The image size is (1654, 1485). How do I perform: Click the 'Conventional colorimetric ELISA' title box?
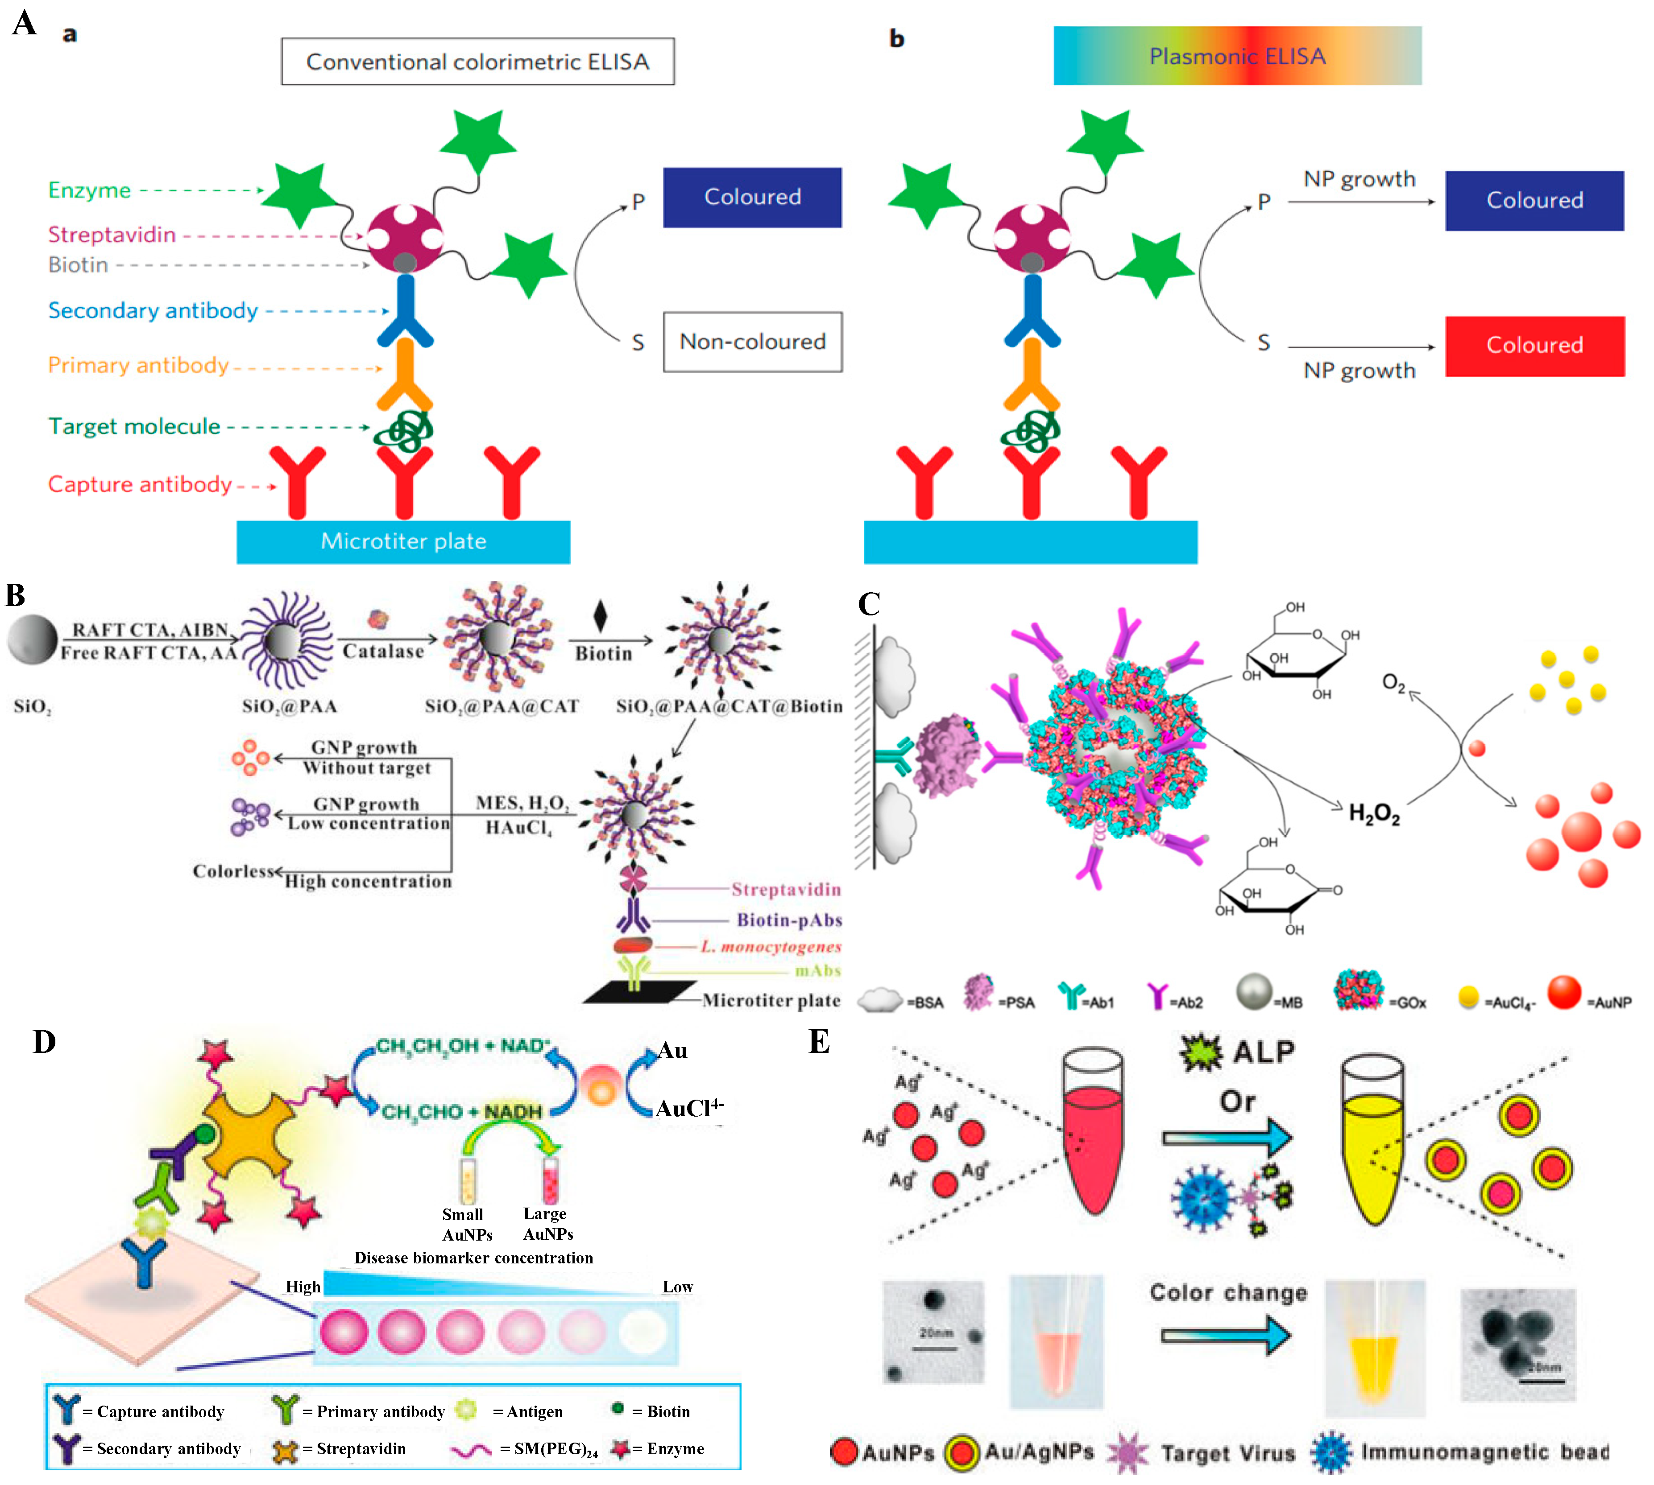(x=477, y=61)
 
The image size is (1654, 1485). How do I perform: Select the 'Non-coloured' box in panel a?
(x=752, y=342)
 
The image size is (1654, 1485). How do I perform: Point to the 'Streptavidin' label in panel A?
(x=112, y=235)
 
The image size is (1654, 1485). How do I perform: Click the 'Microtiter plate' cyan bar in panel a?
(x=403, y=542)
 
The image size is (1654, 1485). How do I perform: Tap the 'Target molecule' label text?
(x=134, y=427)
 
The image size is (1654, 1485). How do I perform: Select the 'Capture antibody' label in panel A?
(x=140, y=485)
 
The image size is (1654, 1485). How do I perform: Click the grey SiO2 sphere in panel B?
(x=33, y=639)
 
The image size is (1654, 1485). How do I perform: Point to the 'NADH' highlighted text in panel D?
(x=513, y=1112)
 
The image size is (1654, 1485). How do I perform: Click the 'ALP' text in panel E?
(x=1263, y=1052)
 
